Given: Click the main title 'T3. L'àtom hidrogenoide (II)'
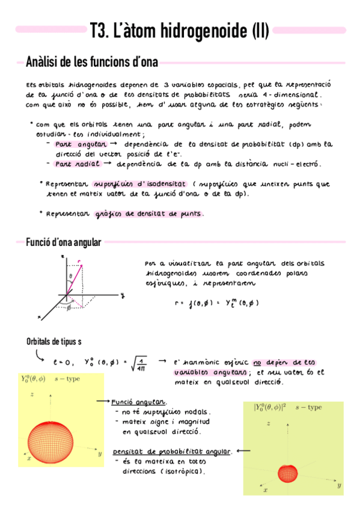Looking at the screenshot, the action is [179, 30].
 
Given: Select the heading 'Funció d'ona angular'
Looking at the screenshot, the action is [64, 242].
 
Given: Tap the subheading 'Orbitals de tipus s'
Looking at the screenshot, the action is [53, 342].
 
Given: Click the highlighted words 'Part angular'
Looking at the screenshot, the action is [81, 145].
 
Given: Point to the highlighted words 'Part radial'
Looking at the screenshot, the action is [77, 164].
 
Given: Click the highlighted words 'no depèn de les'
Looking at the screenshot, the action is [285, 363].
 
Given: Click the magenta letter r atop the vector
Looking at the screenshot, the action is [80, 261].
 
